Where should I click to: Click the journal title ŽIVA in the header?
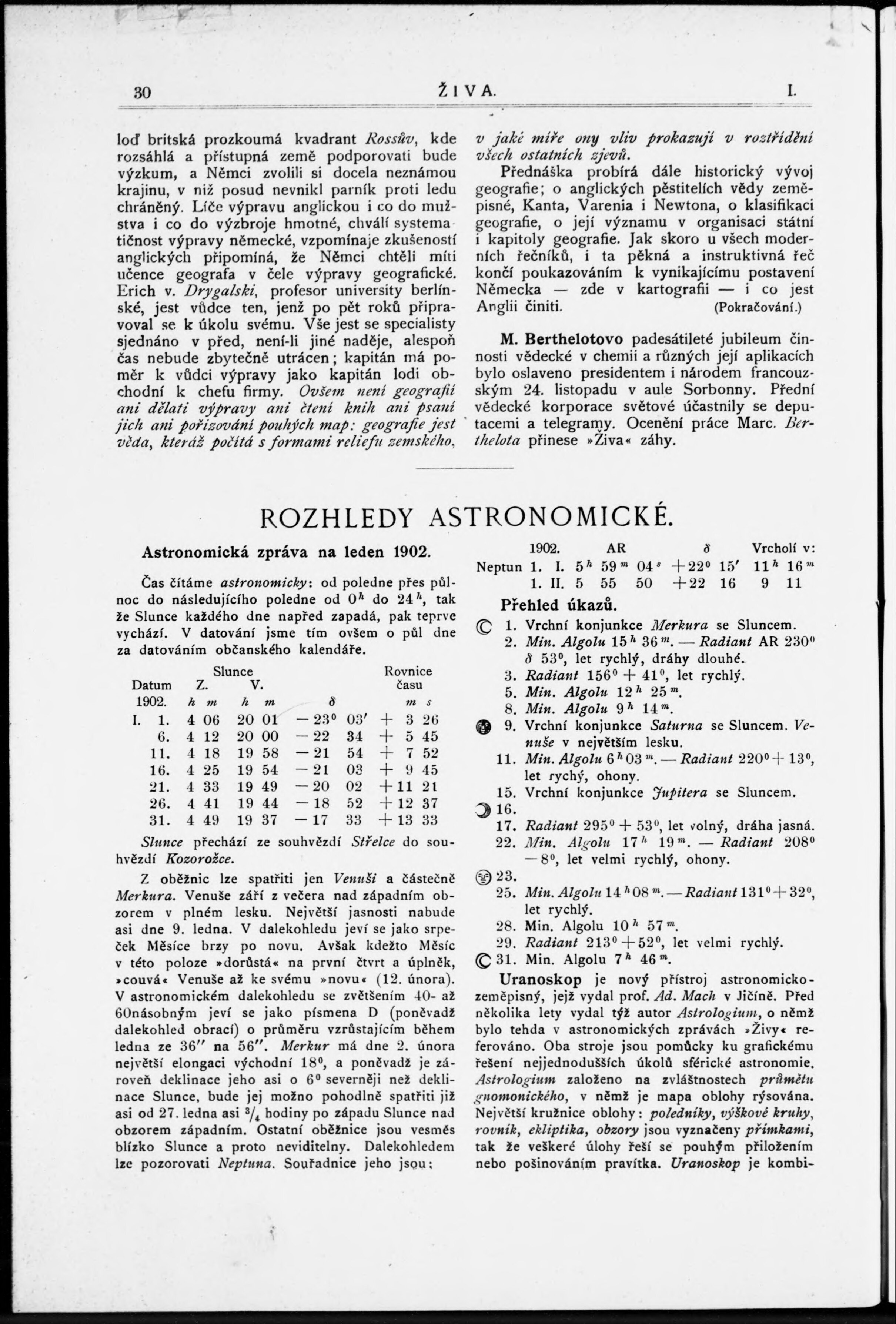tap(466, 92)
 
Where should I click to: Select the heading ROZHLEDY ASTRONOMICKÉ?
tap(465, 518)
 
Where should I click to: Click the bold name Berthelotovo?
tap(575, 339)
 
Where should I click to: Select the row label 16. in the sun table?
tap(157, 770)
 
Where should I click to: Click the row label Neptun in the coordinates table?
tap(499, 568)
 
